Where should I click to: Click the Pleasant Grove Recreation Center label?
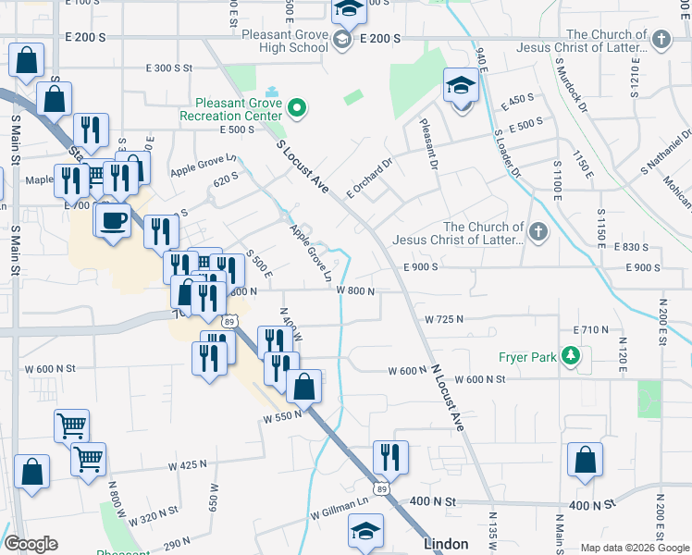239,110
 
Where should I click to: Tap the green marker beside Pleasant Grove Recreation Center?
297,109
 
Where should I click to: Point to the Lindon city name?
447,544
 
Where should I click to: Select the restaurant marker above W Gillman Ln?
390,457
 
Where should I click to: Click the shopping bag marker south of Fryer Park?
585,461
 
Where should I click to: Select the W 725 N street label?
444,319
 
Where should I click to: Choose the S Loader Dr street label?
507,154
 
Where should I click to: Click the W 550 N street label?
283,418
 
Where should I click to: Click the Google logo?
31,544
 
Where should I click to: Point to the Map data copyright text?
634,548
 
